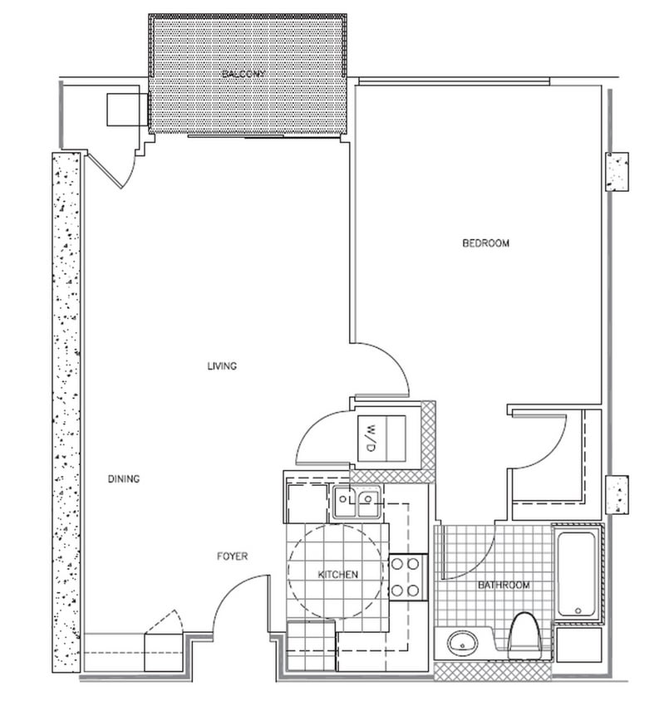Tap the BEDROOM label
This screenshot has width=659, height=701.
tap(485, 243)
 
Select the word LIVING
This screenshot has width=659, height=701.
tap(223, 366)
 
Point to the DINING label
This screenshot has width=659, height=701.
tap(123, 479)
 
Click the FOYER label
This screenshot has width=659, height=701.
tap(232, 556)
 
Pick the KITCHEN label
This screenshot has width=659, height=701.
tap(338, 575)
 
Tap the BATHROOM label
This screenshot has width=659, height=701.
tap(504, 586)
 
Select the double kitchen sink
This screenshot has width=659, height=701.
tap(357, 501)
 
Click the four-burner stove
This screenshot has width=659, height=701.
tap(407, 577)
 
